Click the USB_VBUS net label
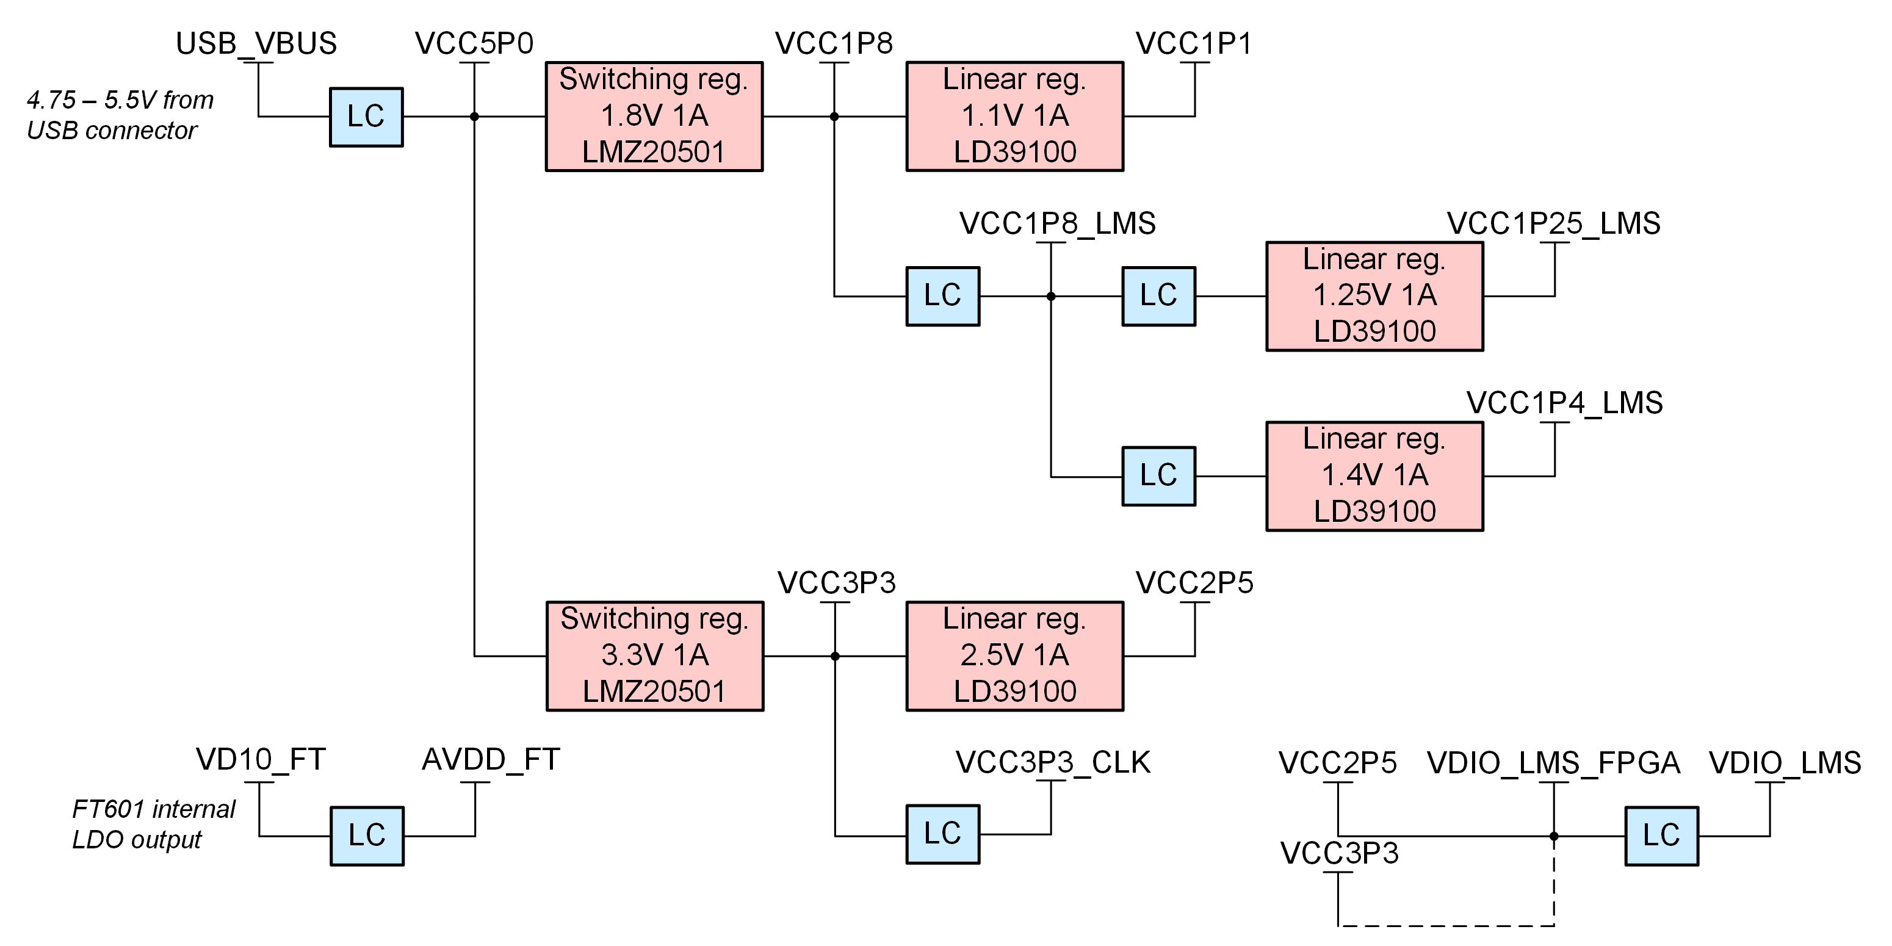tap(256, 44)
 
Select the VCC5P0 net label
tap(474, 44)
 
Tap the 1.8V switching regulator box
tap(654, 116)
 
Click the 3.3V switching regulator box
tap(654, 656)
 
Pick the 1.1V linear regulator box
tap(1014, 116)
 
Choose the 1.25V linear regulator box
tap(1374, 296)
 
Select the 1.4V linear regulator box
tap(1374, 476)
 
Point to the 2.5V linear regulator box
tap(1014, 656)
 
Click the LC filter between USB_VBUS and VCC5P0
tap(366, 117)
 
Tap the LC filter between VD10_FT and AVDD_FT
tap(367, 836)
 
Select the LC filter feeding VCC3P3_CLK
tap(942, 834)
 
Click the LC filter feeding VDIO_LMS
tap(1661, 836)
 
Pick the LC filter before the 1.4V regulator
tap(1158, 476)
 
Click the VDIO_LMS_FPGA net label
tap(1553, 763)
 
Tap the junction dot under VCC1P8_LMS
tap(1051, 297)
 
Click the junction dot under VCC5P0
tap(474, 117)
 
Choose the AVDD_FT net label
tap(491, 759)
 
